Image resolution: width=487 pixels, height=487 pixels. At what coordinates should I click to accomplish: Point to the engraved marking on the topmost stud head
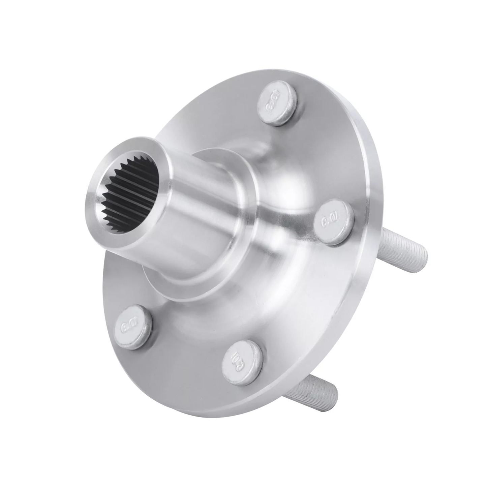point(274,103)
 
